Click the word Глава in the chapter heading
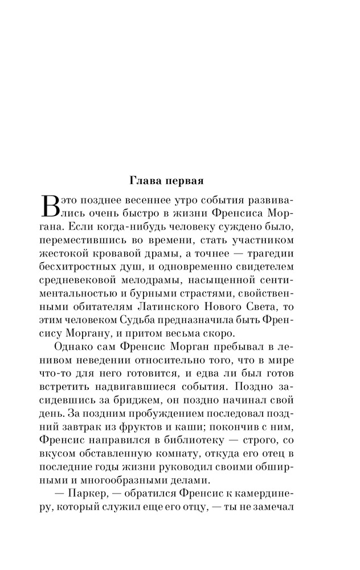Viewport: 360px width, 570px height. pos(146,182)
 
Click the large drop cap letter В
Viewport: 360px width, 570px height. pos(50,206)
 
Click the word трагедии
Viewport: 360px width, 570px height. pos(268,250)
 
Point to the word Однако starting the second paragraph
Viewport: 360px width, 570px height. pos(76,347)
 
